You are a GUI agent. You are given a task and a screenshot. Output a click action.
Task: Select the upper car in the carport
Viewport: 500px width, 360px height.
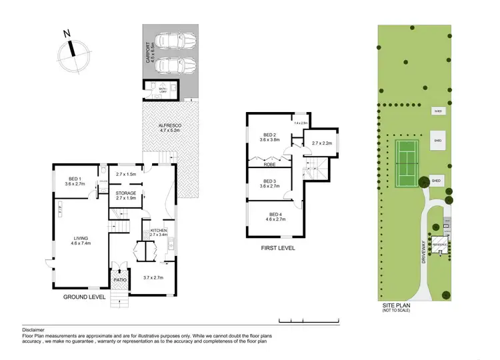[175, 41]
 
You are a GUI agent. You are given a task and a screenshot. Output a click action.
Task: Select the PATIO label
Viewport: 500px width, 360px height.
[119, 280]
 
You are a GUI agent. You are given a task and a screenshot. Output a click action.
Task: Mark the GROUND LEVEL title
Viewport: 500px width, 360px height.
[85, 297]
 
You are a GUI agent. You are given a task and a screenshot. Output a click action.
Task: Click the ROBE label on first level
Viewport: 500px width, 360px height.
[270, 163]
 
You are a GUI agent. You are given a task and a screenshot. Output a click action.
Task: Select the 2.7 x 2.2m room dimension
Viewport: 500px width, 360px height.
[316, 143]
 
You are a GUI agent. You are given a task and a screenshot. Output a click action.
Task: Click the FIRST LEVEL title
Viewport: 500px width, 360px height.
[279, 249]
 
